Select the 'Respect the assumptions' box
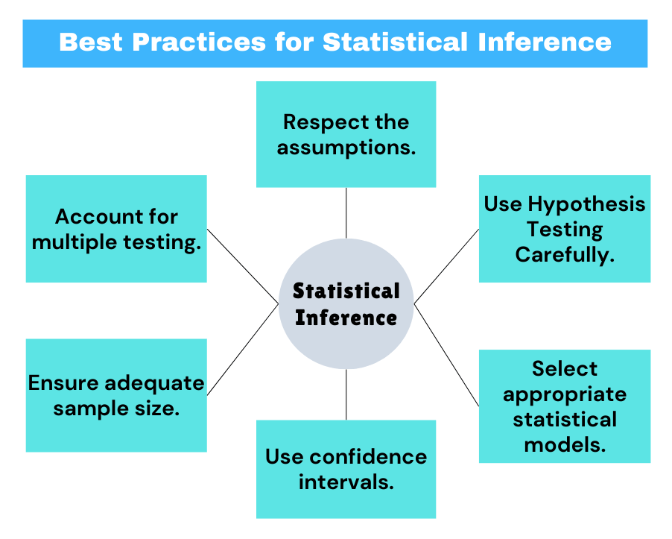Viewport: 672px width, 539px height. coord(346,134)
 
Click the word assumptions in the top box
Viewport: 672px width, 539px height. coord(346,147)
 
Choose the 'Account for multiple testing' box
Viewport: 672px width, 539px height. coord(116,229)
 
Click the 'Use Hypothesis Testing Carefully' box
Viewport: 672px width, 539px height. coord(564,229)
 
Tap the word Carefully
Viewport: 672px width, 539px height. coord(564,254)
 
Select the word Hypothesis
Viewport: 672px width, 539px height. coord(586,204)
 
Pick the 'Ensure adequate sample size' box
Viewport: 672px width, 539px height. coord(116,395)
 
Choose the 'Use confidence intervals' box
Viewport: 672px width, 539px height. coord(346,469)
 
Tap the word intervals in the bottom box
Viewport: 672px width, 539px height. coord(346,482)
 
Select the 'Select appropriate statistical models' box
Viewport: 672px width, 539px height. coord(564,406)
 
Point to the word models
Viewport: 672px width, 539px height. coord(564,445)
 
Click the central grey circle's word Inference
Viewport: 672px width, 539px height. coord(346,318)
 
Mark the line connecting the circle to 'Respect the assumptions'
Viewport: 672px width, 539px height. coord(346,212)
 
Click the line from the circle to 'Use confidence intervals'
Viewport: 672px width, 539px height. coord(346,394)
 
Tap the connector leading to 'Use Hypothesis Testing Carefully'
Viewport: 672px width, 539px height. coord(447,265)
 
